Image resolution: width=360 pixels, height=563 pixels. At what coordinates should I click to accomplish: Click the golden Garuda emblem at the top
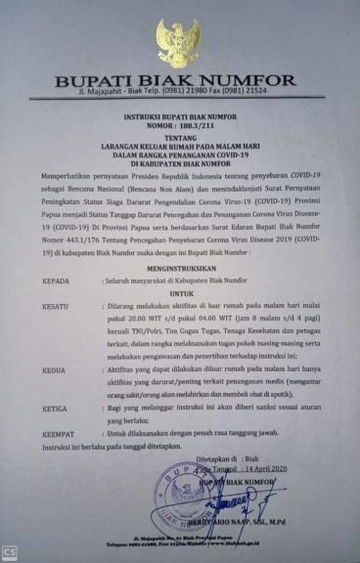178,43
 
